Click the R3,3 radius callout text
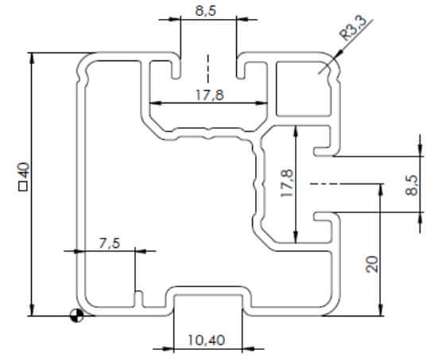coord(352,28)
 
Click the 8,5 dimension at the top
coord(206,10)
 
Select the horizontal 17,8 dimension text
coord(210,95)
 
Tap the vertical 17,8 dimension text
coord(287,183)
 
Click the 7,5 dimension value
coord(110,243)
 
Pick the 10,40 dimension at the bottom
coord(207,340)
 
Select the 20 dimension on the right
coord(372,264)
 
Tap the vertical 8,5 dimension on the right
coord(412,185)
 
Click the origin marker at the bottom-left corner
coord(76,316)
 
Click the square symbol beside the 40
coord(24,186)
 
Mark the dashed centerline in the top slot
coord(208,68)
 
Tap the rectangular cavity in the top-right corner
coord(304,88)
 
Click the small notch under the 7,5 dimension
coord(139,299)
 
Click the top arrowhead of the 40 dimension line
coord(33,57)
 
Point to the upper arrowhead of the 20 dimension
coord(380,188)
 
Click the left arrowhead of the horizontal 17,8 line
coord(155,103)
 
